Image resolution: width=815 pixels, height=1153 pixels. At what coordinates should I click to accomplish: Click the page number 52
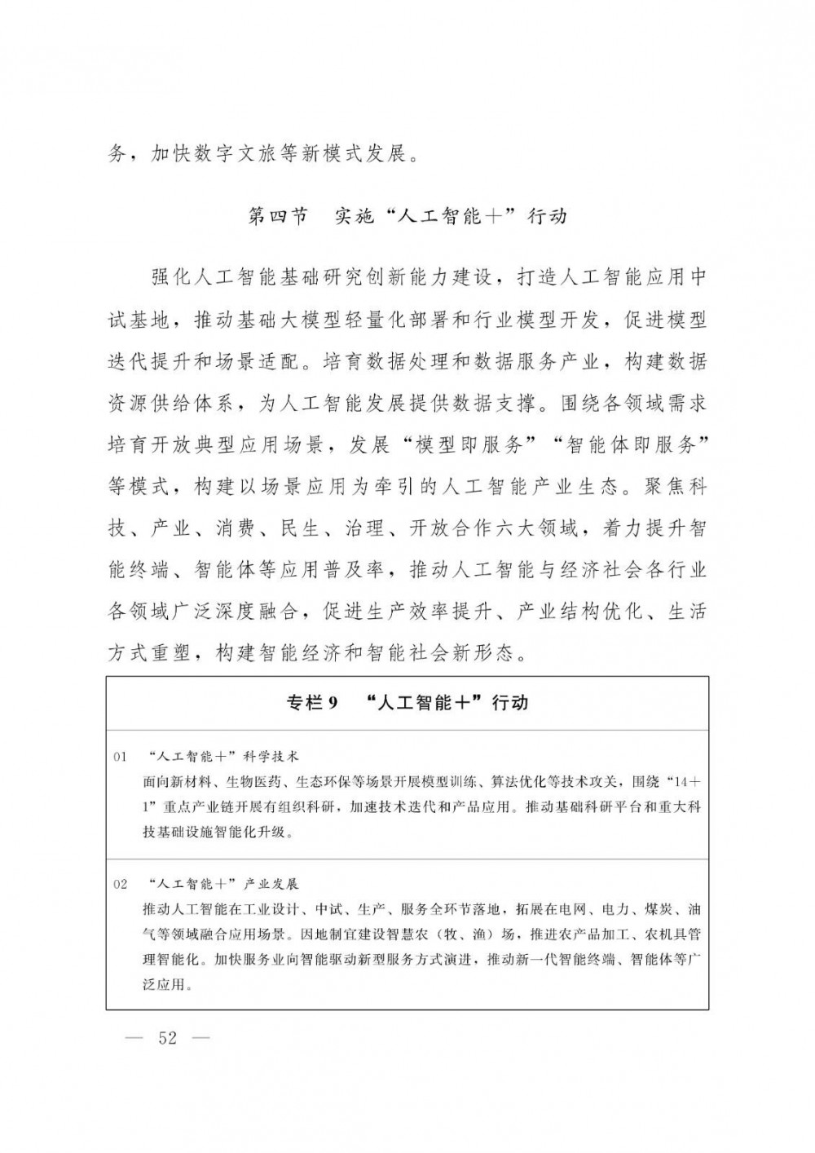click(x=168, y=1038)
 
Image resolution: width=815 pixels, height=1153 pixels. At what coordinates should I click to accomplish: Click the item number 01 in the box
click(x=121, y=758)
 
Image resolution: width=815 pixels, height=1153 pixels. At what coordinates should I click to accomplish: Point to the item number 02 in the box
click(x=121, y=884)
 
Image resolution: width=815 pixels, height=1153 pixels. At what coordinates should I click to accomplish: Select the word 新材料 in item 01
click(x=192, y=781)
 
